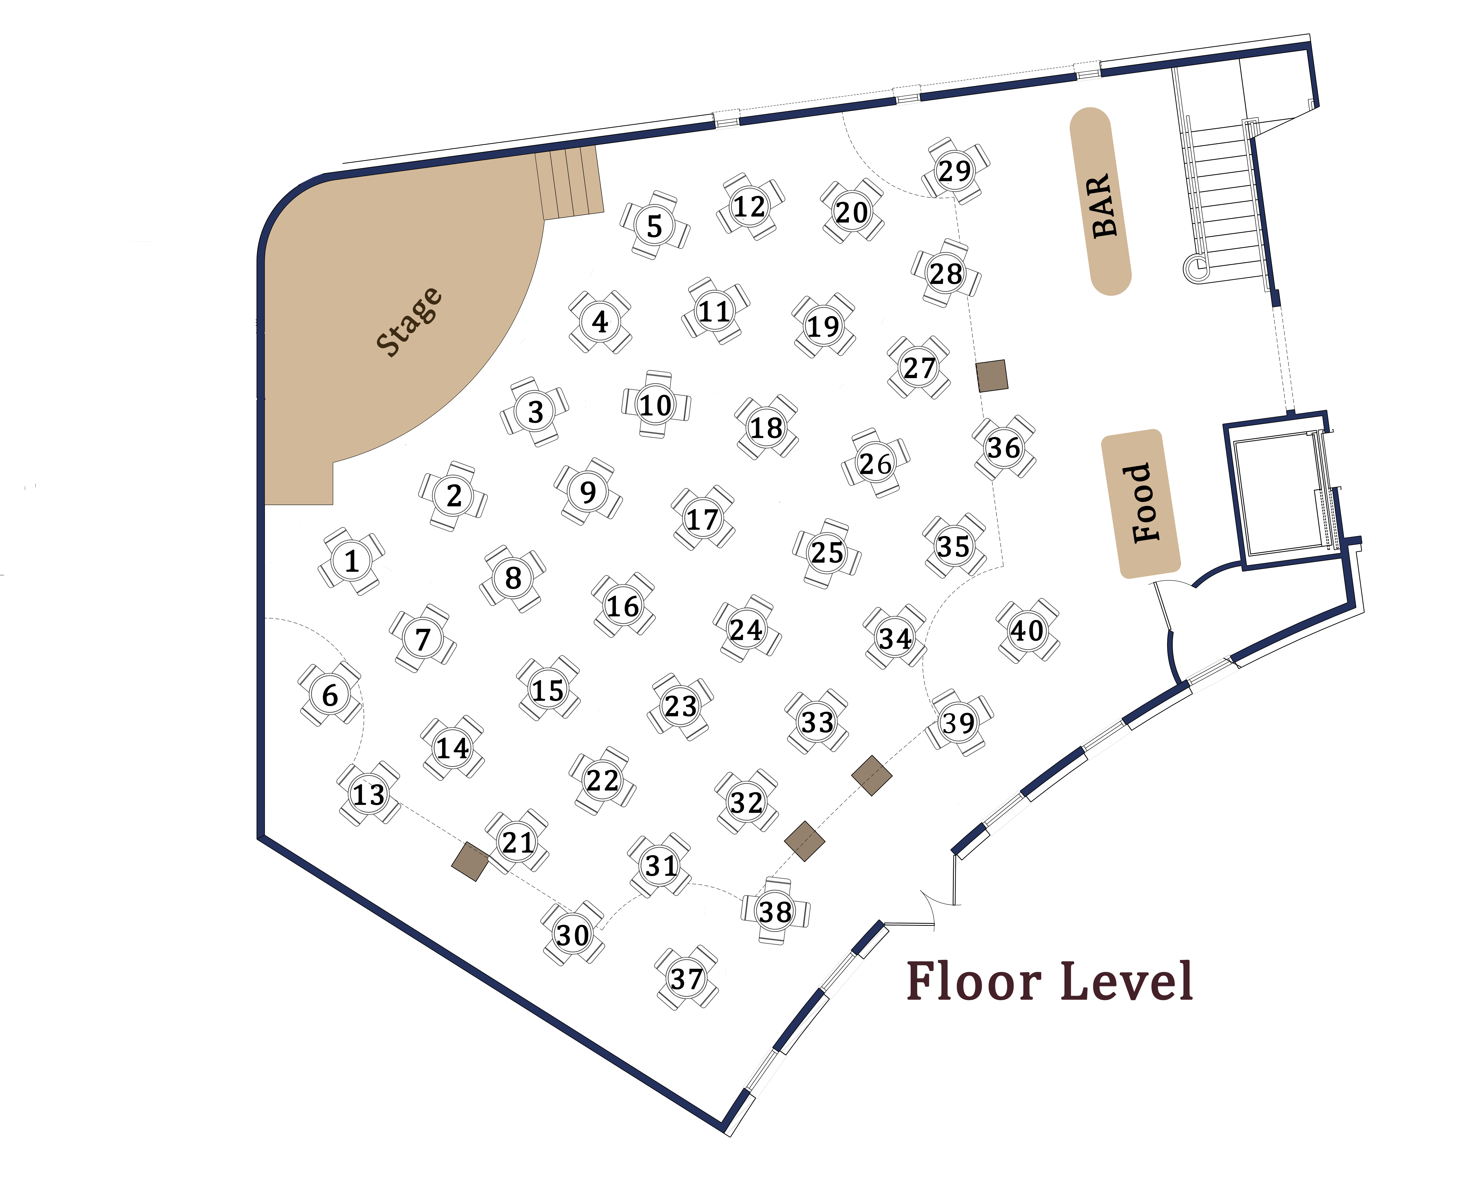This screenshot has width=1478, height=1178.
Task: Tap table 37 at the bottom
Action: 686,978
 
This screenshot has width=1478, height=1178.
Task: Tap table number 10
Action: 656,404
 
